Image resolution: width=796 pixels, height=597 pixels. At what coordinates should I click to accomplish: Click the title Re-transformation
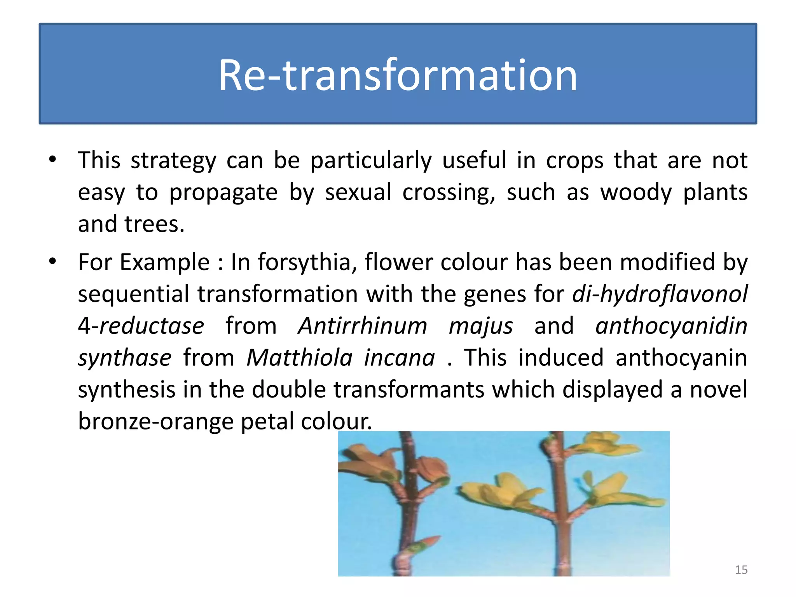pyautogui.click(x=398, y=75)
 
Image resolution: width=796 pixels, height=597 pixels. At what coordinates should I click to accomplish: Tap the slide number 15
pyautogui.click(x=741, y=570)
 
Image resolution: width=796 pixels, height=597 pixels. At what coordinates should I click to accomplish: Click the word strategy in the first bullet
pyautogui.click(x=173, y=161)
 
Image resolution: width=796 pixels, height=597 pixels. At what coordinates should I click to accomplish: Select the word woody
pyautogui.click(x=636, y=192)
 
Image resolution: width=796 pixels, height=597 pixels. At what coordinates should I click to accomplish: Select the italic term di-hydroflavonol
pyautogui.click(x=660, y=294)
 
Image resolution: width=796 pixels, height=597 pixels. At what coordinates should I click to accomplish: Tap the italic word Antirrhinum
pyautogui.click(x=362, y=326)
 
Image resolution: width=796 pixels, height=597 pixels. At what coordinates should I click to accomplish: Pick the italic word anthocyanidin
pyautogui.click(x=671, y=326)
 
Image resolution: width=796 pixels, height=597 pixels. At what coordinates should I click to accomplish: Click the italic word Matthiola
pyautogui.click(x=300, y=358)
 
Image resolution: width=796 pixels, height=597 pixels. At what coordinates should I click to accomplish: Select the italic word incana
pyautogui.click(x=399, y=358)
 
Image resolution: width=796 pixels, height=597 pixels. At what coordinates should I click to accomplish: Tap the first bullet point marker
pyautogui.click(x=52, y=159)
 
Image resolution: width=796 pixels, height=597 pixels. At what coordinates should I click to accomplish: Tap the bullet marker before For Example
pyautogui.click(x=52, y=261)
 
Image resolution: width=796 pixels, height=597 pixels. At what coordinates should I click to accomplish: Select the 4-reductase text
pyautogui.click(x=141, y=326)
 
